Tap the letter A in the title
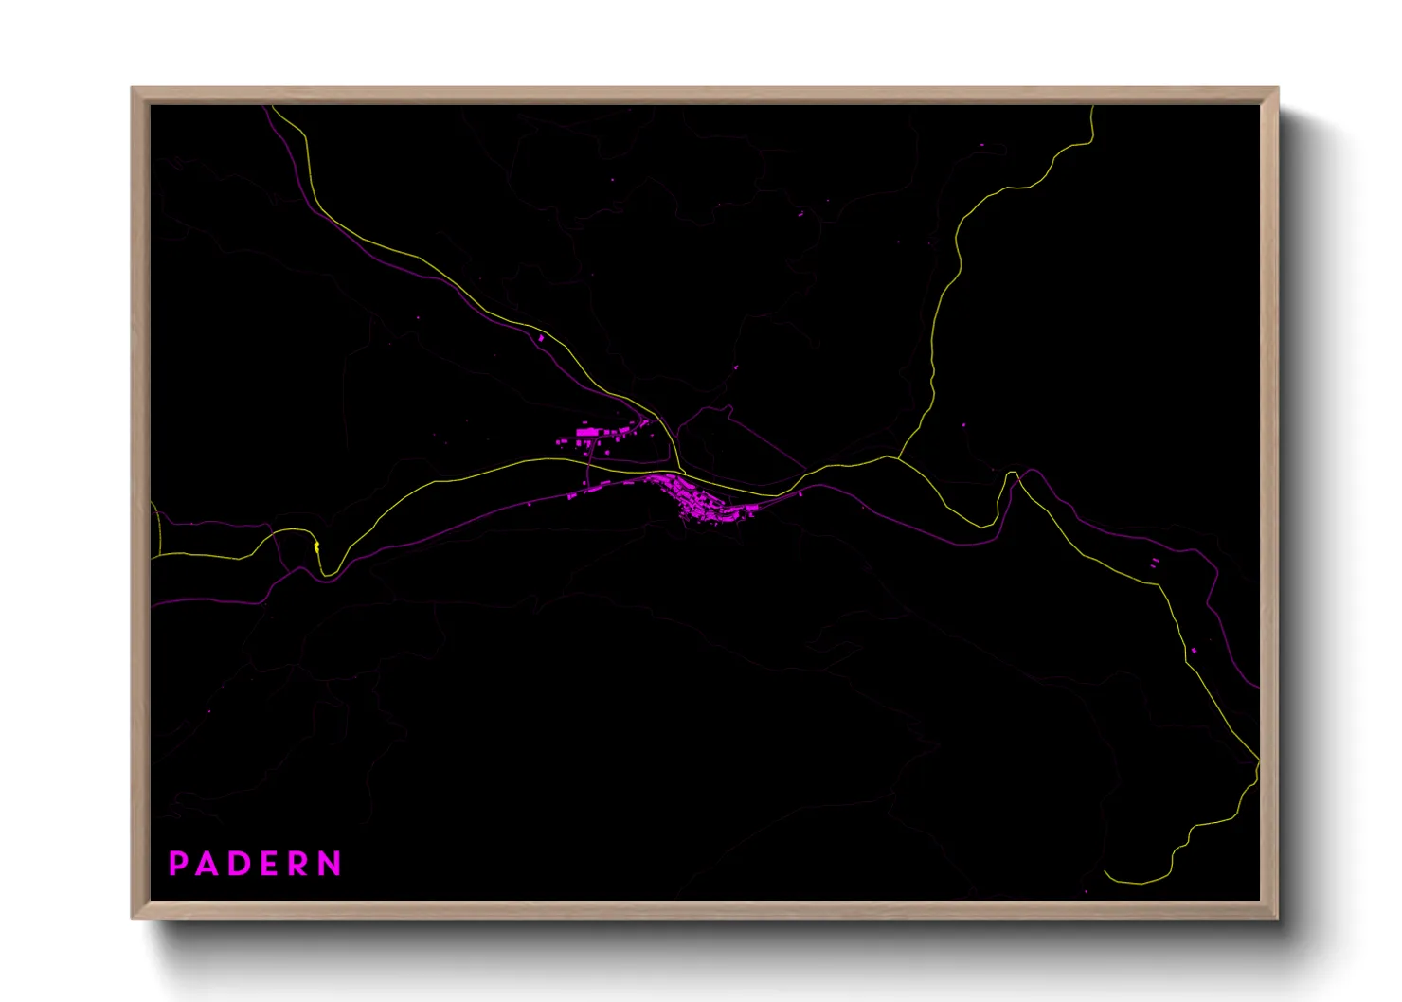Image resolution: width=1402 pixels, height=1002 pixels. [x=207, y=864]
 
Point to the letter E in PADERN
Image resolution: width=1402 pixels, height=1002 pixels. [x=269, y=864]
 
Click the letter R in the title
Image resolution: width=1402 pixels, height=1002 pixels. [x=298, y=864]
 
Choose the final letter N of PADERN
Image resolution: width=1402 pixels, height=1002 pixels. [x=330, y=864]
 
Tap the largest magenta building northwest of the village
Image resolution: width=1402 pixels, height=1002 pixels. [x=588, y=433]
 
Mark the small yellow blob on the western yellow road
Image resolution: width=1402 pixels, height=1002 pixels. [x=315, y=546]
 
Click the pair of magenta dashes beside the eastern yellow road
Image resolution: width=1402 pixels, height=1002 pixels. [x=1154, y=563]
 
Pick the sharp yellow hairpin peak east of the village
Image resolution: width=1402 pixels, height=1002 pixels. [x=1012, y=473]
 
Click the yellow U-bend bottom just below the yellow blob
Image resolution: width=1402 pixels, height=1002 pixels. [x=326, y=573]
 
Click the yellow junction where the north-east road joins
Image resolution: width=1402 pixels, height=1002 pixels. [x=895, y=458]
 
